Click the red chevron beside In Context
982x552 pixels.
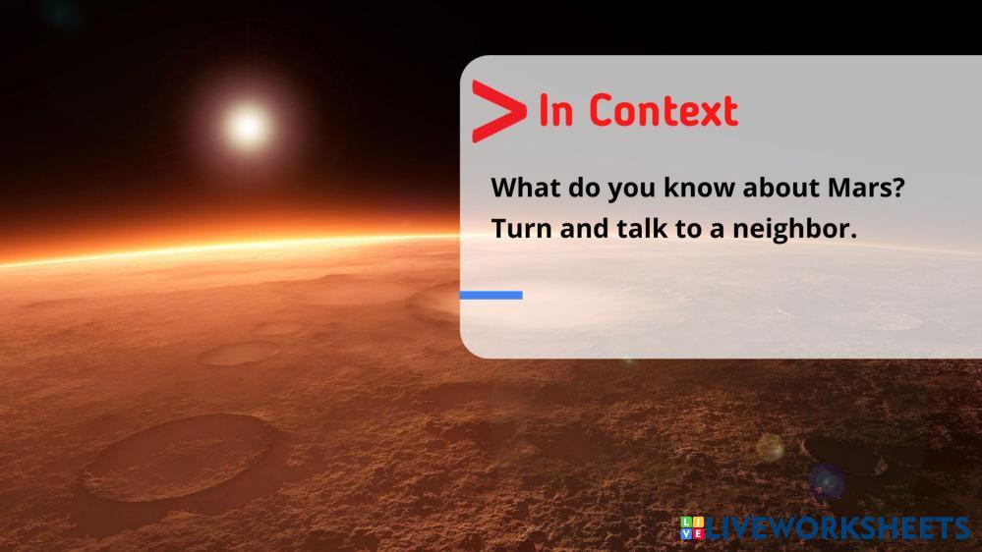pos(495,111)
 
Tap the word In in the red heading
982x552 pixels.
pos(555,111)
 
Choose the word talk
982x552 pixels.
pos(644,229)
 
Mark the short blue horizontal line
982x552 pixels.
pos(491,295)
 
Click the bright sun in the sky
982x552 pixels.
pos(246,125)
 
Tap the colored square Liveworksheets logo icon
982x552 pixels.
pos(691,527)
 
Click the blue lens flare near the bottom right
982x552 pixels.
pos(825,481)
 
